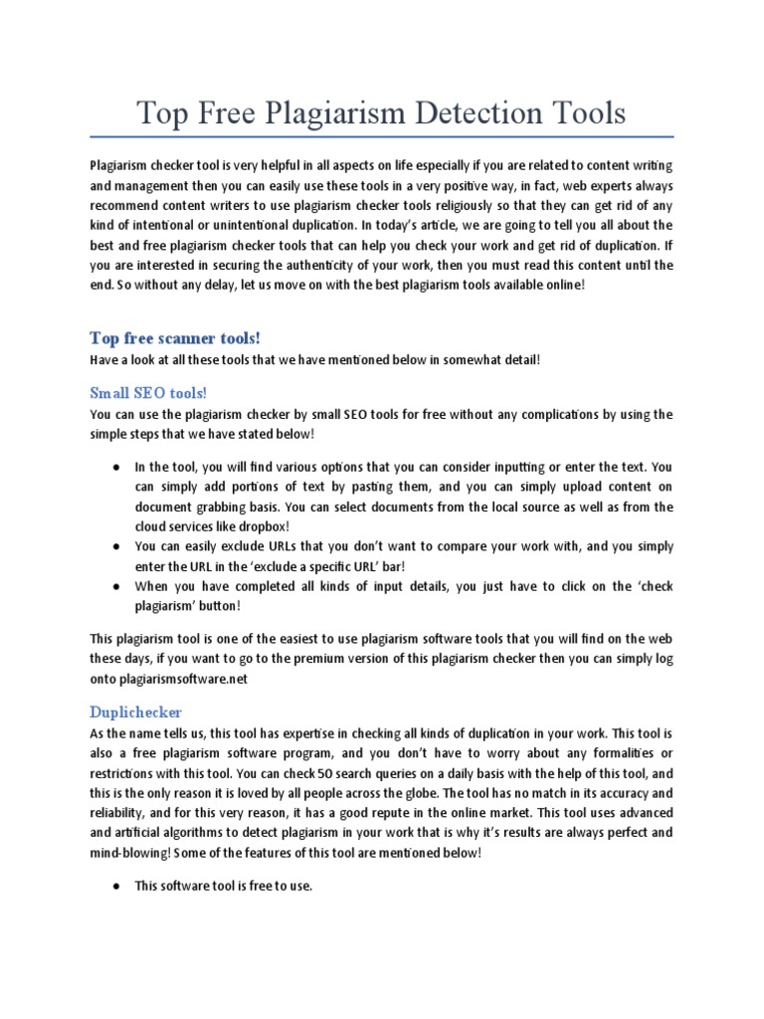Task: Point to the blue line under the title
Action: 382,135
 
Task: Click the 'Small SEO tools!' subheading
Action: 148,392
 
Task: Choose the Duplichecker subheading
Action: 135,713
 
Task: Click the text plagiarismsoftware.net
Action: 181,678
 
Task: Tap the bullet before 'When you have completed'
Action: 115,586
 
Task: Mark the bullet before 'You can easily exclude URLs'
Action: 115,546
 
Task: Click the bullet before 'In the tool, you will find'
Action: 115,467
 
